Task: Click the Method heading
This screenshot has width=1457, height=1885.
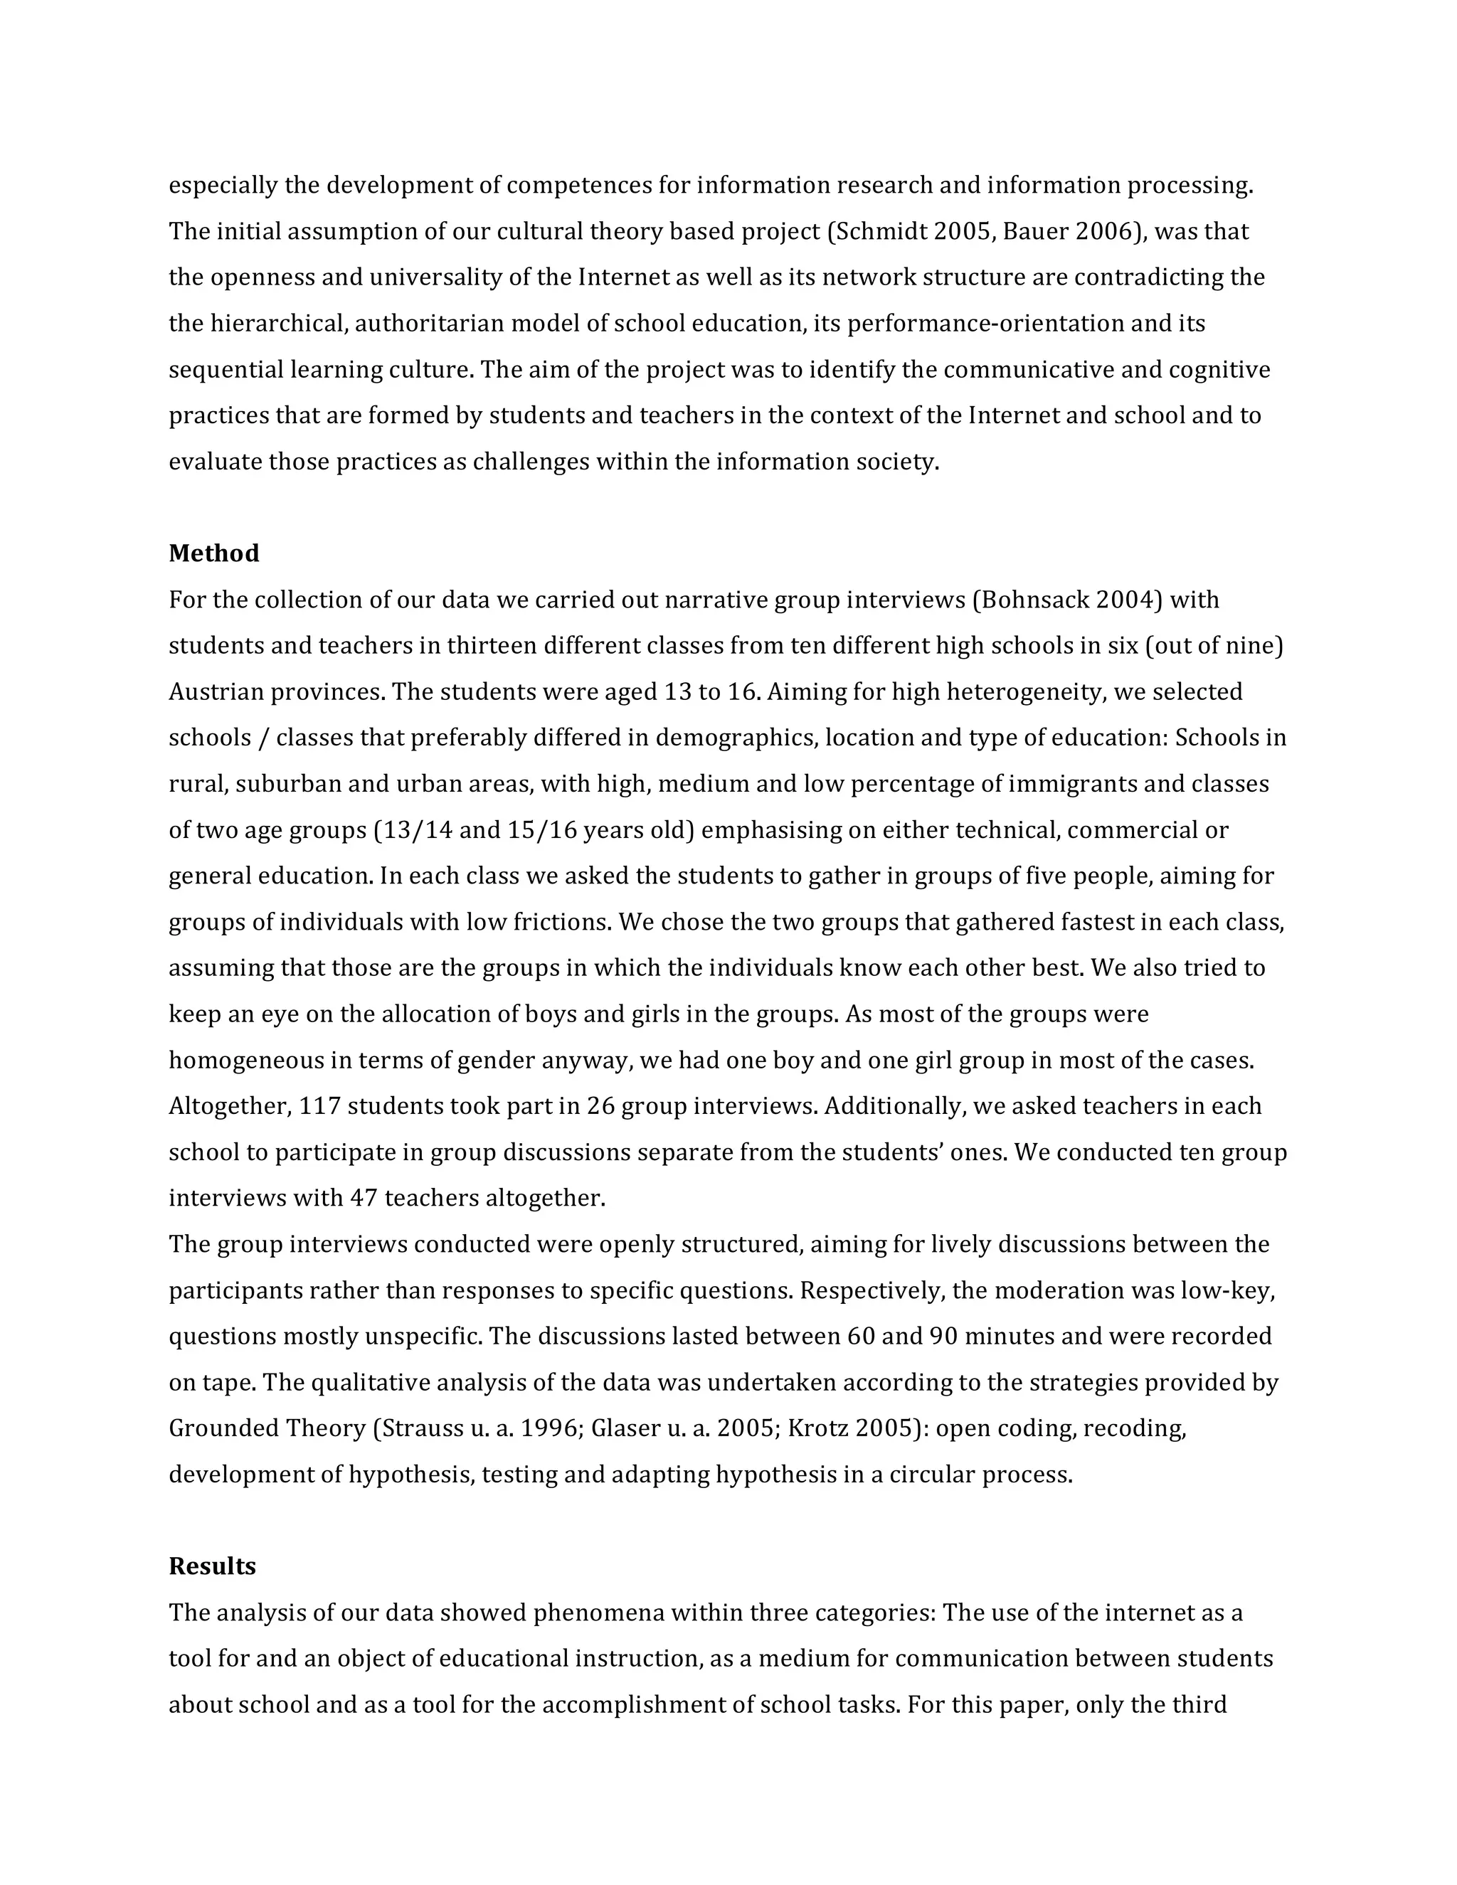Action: point(213,553)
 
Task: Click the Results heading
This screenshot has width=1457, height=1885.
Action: point(211,1566)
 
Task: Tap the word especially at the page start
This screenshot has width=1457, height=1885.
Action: point(223,186)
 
